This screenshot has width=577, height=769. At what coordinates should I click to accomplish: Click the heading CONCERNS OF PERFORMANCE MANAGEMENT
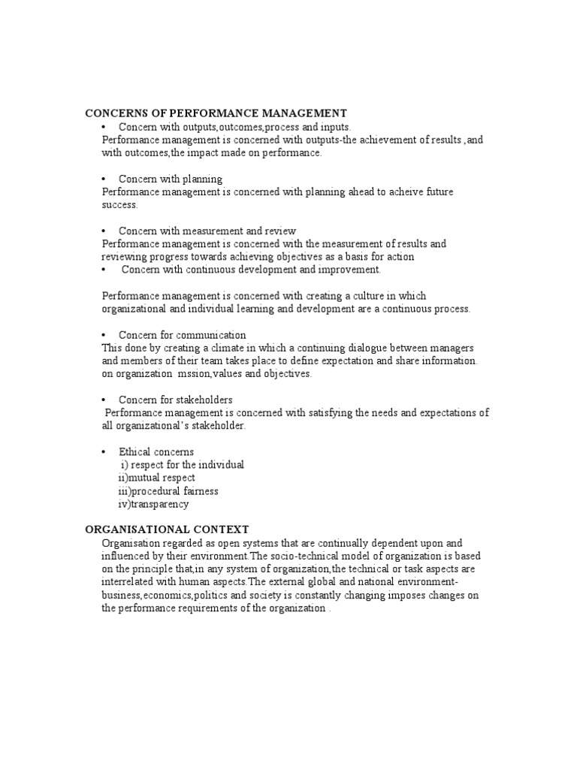[x=216, y=113]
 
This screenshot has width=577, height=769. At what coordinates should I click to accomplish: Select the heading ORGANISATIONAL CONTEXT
[x=166, y=529]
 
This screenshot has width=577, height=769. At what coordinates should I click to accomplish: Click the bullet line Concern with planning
[x=170, y=179]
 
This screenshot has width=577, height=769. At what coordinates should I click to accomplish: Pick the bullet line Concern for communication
[x=182, y=335]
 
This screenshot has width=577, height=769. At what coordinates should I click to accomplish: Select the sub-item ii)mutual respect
[x=156, y=478]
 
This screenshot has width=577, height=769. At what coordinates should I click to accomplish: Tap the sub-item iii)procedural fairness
[x=168, y=491]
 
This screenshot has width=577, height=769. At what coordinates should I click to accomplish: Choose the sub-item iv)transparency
[x=153, y=504]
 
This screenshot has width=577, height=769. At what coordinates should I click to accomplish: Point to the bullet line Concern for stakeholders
[x=175, y=400]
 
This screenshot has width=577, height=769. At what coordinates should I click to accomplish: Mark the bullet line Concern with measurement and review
[x=207, y=231]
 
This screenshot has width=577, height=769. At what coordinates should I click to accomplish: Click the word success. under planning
[x=120, y=204]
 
